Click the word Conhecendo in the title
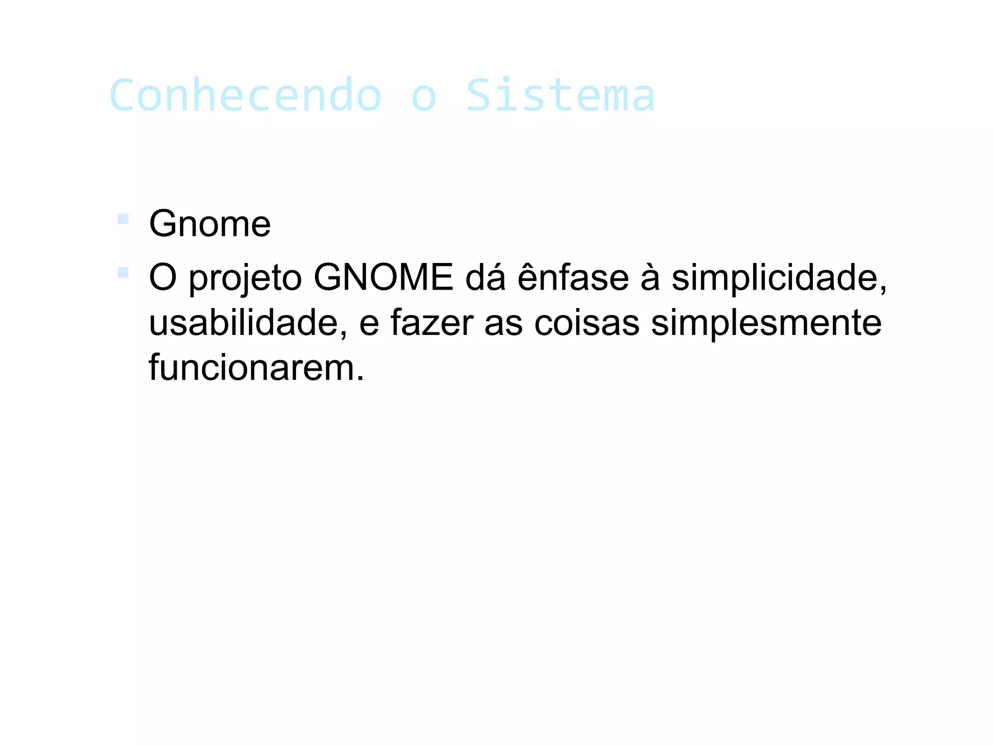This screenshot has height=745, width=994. point(246,95)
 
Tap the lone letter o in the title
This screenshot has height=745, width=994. point(424,97)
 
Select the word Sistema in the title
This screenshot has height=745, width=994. point(561,95)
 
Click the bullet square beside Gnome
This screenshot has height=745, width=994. point(123,219)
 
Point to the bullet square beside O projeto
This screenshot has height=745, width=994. point(123,273)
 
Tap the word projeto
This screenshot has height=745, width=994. point(245,279)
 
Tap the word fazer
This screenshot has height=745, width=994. point(432,323)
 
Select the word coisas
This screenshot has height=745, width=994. point(587,323)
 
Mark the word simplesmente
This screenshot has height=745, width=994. point(766,324)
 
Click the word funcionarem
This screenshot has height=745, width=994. point(256,367)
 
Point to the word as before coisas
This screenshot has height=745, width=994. point(503,324)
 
